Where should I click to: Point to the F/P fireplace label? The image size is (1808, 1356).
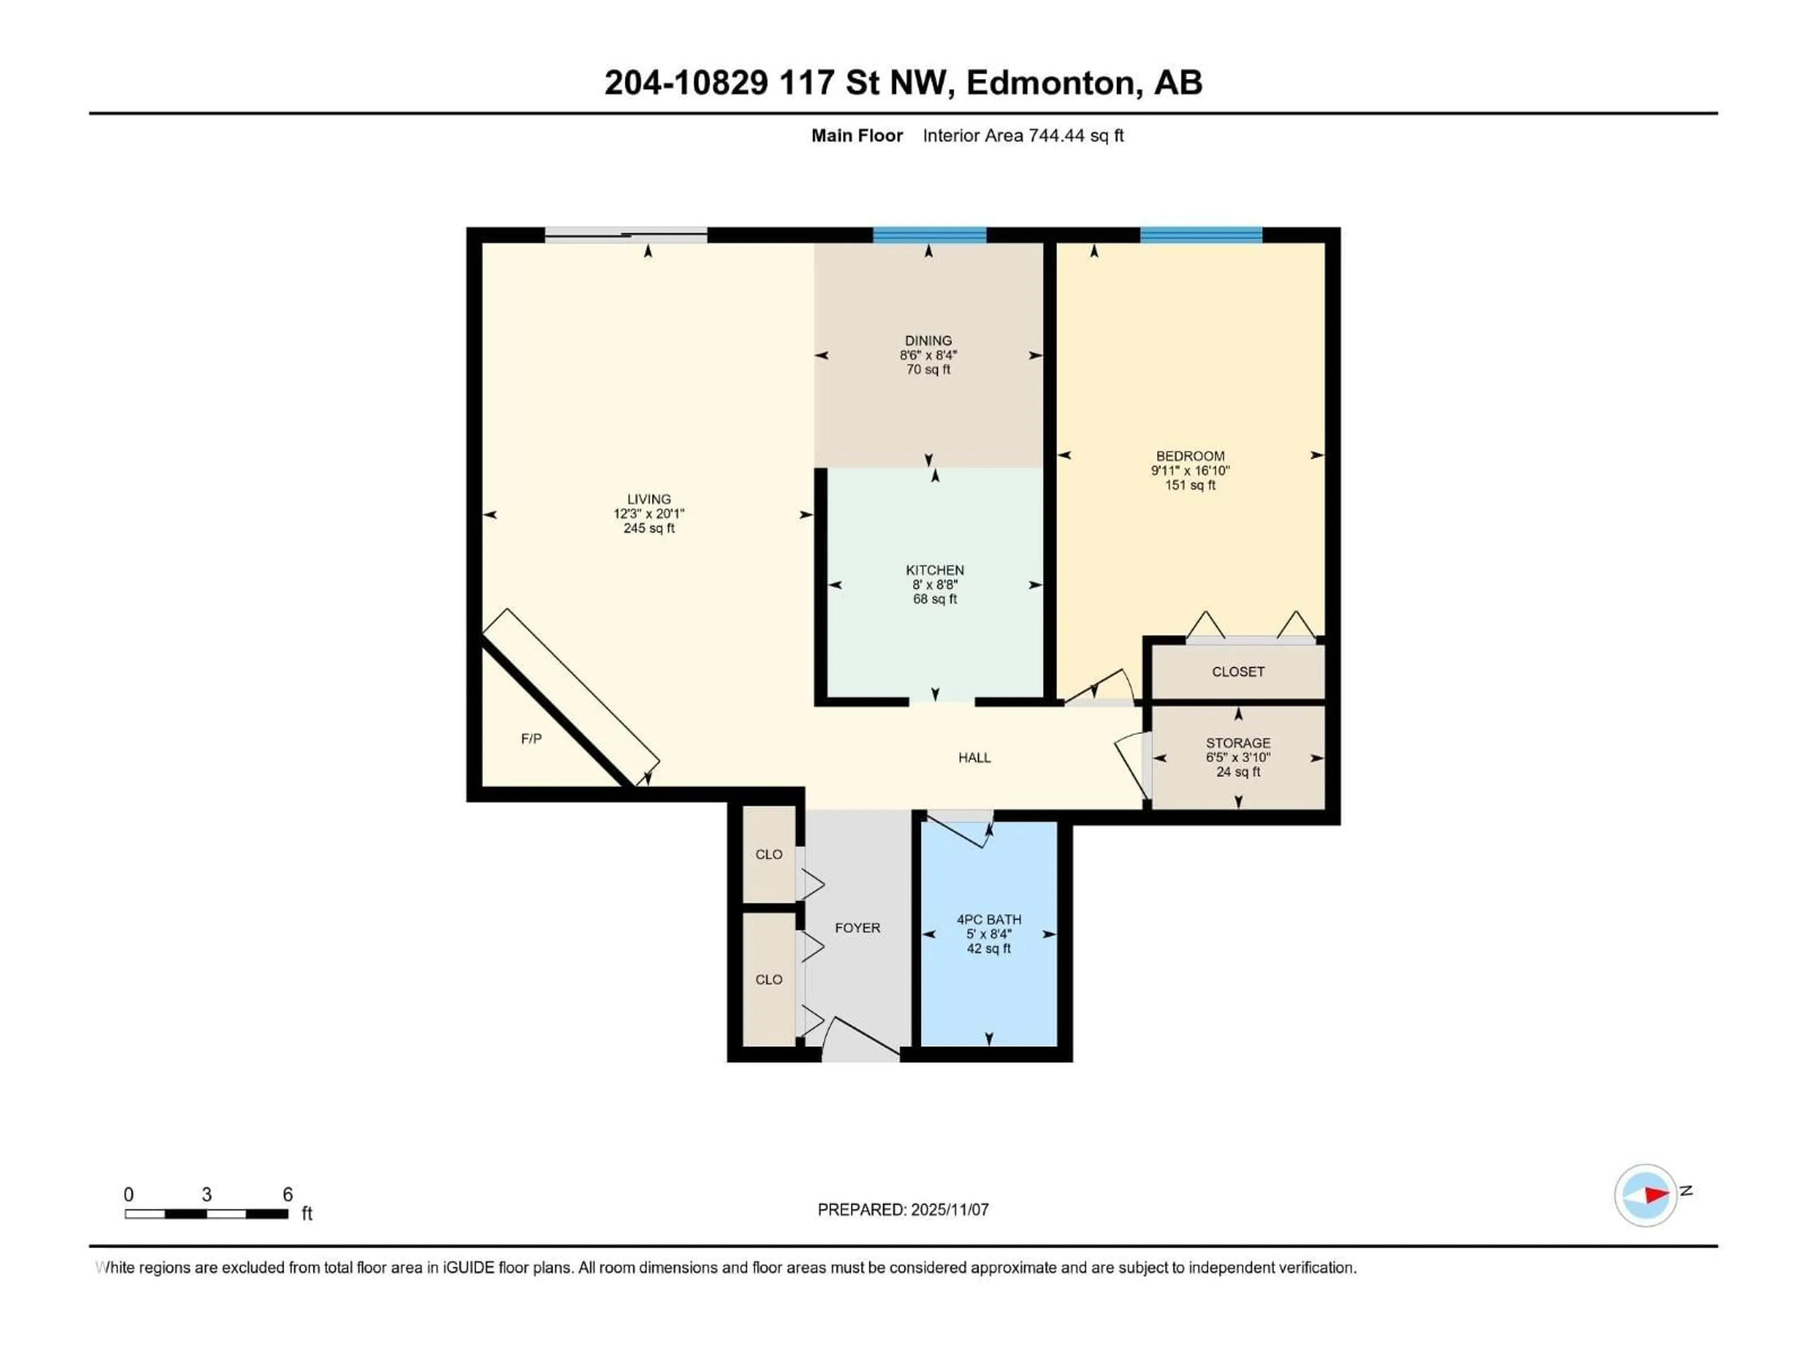click(x=531, y=739)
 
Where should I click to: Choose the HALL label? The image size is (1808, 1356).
click(x=974, y=758)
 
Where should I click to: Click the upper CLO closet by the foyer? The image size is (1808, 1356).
click(x=768, y=854)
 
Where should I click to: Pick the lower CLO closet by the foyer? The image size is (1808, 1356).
click(x=768, y=979)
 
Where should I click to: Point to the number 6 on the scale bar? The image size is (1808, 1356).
click(x=288, y=1194)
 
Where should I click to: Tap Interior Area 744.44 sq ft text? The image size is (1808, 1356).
click(x=1023, y=136)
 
